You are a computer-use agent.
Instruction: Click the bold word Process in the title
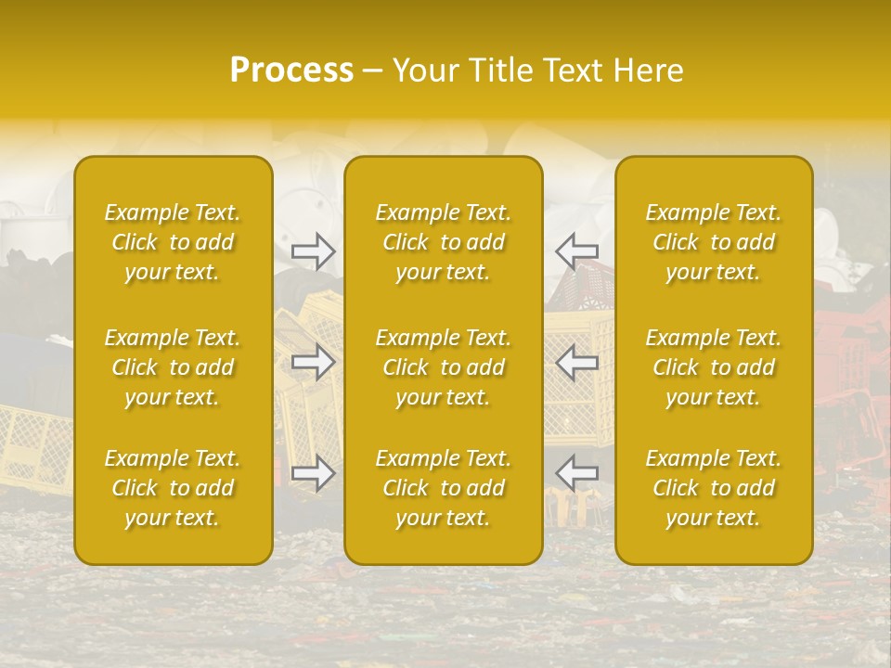tap(291, 71)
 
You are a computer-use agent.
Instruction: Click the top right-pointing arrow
tap(313, 251)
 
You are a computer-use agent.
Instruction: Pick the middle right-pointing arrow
tap(313, 362)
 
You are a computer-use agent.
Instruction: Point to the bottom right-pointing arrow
tap(313, 473)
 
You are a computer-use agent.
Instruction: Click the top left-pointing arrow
tap(576, 251)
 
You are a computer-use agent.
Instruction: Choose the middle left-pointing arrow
tap(576, 362)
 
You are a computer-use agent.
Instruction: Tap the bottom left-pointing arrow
tap(576, 473)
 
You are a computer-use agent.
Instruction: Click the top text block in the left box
tap(173, 242)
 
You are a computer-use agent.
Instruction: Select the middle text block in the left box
tap(173, 367)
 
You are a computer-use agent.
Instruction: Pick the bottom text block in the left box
tap(173, 488)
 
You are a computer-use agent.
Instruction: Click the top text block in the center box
tap(444, 242)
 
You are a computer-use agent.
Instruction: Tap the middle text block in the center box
tap(444, 367)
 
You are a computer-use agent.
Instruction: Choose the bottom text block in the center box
tap(444, 488)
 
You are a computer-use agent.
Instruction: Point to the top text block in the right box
tap(714, 242)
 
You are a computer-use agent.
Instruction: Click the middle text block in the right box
tap(714, 367)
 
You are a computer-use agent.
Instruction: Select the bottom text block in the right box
tap(714, 488)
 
